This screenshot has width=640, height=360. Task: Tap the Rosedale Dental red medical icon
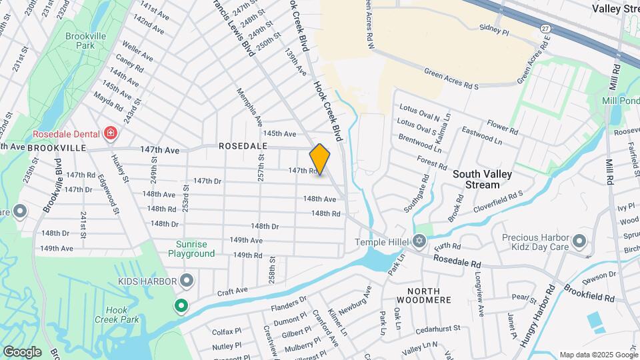coord(111,133)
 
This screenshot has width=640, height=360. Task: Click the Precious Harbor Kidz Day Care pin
coord(579,241)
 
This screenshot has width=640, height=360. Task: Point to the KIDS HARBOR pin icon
coord(187,280)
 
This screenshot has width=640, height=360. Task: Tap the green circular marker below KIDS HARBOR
coord(180,307)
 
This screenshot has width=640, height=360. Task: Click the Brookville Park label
coord(84,41)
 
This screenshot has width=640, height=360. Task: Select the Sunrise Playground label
coord(195,249)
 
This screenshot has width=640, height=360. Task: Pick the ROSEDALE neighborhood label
coord(243,145)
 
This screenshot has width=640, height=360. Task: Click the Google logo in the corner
coord(21,351)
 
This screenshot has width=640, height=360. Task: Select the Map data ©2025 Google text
coord(598,355)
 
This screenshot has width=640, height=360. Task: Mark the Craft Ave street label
coord(231,291)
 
